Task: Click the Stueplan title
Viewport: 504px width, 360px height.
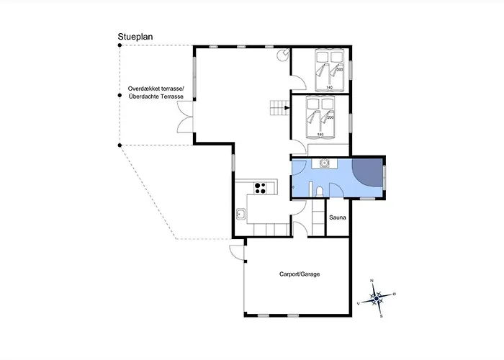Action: pyautogui.click(x=135, y=37)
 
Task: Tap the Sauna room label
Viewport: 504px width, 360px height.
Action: pyautogui.click(x=338, y=217)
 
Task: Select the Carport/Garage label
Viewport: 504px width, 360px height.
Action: pyautogui.click(x=300, y=274)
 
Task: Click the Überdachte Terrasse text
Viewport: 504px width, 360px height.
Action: pyautogui.click(x=156, y=96)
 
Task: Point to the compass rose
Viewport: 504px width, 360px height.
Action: pyautogui.click(x=377, y=299)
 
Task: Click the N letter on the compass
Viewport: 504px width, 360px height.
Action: pyautogui.click(x=372, y=281)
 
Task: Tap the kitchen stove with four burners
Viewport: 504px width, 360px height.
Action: pyautogui.click(x=261, y=189)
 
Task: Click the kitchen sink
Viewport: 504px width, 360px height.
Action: pyautogui.click(x=240, y=214)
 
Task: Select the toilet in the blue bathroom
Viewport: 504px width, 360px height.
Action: pyautogui.click(x=320, y=192)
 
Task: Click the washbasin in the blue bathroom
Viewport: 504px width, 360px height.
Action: pyautogui.click(x=325, y=163)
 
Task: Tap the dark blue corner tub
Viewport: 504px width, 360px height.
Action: pyautogui.click(x=367, y=172)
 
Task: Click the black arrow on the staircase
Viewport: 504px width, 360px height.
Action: pyautogui.click(x=287, y=108)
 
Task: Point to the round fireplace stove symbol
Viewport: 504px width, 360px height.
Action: pyautogui.click(x=283, y=54)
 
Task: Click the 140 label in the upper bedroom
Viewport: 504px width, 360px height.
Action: pyautogui.click(x=330, y=87)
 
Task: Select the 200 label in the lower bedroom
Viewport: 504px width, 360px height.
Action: pyautogui.click(x=330, y=117)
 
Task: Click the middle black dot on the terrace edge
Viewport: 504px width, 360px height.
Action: pyautogui.click(x=120, y=96)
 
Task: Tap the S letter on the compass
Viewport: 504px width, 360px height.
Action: pyautogui.click(x=381, y=316)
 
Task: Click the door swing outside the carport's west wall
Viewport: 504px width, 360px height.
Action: pyautogui.click(x=237, y=252)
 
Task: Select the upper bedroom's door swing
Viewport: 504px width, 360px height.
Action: pyautogui.click(x=298, y=82)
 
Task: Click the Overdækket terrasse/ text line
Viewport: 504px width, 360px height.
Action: pyautogui.click(x=156, y=89)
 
